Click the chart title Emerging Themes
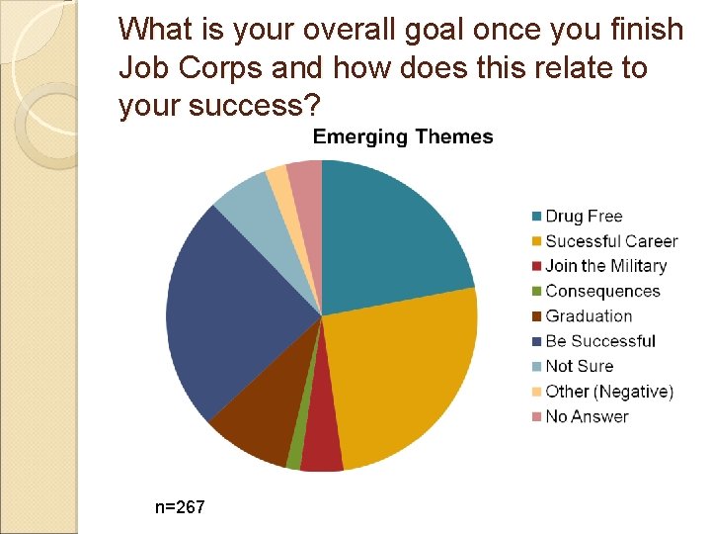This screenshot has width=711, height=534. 403,137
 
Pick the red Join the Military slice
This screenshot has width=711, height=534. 321,445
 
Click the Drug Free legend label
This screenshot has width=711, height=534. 584,216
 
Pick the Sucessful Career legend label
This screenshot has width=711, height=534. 611,241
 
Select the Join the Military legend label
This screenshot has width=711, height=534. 605,266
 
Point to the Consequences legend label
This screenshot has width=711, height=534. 602,291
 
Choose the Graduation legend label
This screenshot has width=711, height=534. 589,316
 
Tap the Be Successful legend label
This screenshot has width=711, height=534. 599,341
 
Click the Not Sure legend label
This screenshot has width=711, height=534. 579,366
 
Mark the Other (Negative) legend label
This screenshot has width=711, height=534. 608,392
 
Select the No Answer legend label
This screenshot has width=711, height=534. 587,416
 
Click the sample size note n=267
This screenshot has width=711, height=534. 180,507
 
